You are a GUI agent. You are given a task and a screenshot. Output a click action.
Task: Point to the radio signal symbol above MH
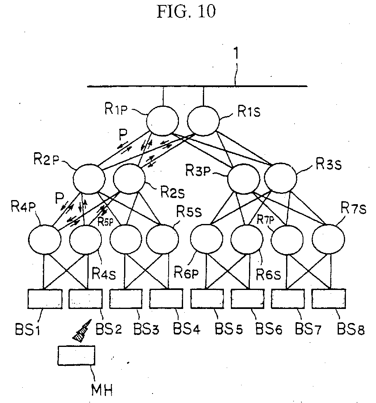(82, 331)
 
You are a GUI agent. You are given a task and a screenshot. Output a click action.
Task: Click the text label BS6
(269, 329)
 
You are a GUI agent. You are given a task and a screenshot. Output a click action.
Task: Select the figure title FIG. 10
(186, 11)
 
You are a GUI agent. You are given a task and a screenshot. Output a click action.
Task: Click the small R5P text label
(105, 222)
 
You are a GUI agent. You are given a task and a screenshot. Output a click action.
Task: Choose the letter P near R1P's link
(123, 134)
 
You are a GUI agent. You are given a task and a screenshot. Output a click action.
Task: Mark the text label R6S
(269, 275)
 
